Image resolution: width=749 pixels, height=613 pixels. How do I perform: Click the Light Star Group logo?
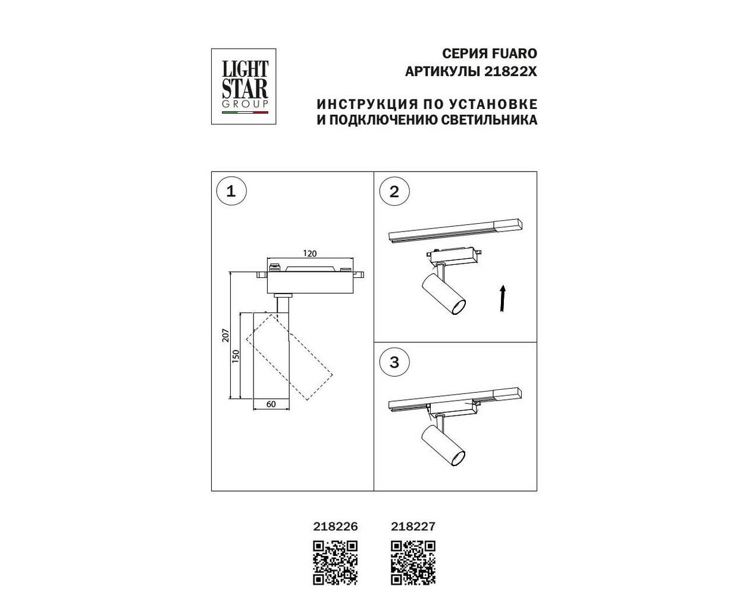[244, 86]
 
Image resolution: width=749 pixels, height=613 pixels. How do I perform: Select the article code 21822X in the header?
[511, 72]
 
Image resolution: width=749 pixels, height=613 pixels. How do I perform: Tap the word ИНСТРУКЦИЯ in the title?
[367, 105]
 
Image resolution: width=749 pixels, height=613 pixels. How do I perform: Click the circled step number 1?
[231, 192]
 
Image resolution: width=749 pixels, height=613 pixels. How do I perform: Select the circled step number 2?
[394, 192]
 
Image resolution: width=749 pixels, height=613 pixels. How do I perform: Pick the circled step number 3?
[394, 362]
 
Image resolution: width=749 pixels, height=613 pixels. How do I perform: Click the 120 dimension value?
[310, 254]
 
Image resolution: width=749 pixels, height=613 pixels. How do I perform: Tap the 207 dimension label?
[225, 336]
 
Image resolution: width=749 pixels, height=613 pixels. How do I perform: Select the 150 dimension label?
[236, 356]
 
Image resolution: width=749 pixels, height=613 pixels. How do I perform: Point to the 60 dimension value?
[271, 404]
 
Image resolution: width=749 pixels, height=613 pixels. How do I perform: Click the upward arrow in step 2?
[503, 298]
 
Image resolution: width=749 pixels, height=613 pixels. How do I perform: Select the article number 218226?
[336, 526]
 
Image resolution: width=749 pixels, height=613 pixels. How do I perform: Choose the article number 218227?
[413, 526]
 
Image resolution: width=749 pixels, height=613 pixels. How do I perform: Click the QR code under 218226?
[336, 563]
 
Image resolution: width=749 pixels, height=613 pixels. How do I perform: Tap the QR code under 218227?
[413, 563]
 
